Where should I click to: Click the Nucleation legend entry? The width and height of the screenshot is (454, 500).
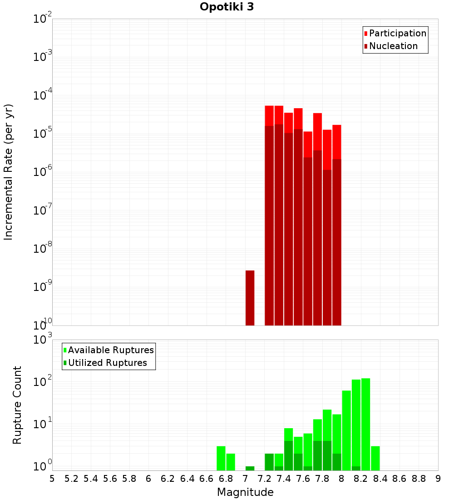click(393, 46)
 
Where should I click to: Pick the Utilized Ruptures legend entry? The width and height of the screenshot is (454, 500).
click(107, 363)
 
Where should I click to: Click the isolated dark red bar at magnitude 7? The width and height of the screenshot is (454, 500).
click(250, 298)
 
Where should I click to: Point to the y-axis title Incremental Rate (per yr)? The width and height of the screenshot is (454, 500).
click(9, 172)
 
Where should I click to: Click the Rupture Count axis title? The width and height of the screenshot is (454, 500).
click(17, 405)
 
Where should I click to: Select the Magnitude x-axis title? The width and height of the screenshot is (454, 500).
click(245, 492)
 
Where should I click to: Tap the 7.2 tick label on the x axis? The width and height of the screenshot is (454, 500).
click(264, 479)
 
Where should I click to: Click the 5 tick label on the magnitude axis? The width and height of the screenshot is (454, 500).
click(52, 479)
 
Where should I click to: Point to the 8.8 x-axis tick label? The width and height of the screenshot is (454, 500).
click(419, 479)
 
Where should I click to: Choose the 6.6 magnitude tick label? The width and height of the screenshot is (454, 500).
click(207, 479)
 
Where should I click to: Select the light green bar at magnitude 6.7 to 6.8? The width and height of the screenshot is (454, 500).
click(221, 458)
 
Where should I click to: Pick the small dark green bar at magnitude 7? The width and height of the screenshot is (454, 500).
click(250, 468)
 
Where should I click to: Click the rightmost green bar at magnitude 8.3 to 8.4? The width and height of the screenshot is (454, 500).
click(375, 458)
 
